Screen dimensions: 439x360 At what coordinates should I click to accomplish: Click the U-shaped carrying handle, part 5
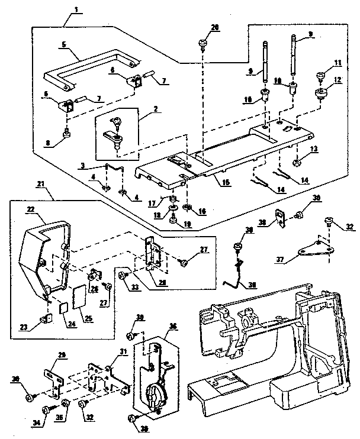click(x=89, y=67)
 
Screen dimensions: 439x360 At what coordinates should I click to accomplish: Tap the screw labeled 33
click(x=123, y=275)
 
